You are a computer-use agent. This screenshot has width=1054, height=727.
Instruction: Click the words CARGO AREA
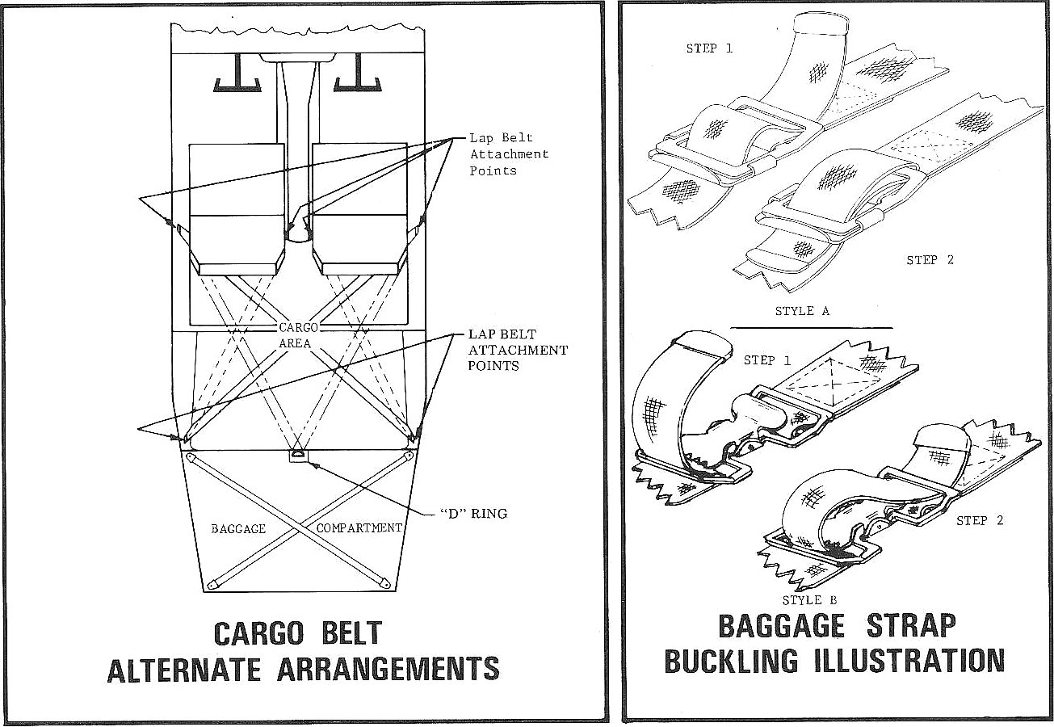(298, 335)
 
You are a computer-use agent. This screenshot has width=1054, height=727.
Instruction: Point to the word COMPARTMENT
(359, 527)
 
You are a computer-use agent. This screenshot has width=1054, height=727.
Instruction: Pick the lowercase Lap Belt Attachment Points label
(509, 154)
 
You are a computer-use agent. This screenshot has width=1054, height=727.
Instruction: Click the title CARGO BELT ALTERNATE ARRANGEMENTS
(303, 651)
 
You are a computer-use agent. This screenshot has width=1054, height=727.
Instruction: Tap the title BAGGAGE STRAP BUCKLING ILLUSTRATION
(834, 644)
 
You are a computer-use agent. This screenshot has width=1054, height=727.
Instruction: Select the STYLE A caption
(801, 311)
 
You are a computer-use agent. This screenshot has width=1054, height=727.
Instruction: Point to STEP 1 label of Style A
(709, 48)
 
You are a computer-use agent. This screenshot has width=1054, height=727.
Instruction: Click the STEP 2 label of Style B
(980, 520)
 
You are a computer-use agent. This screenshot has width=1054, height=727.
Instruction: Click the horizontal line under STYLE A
(812, 327)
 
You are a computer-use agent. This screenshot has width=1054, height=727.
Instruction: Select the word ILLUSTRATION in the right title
(905, 661)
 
